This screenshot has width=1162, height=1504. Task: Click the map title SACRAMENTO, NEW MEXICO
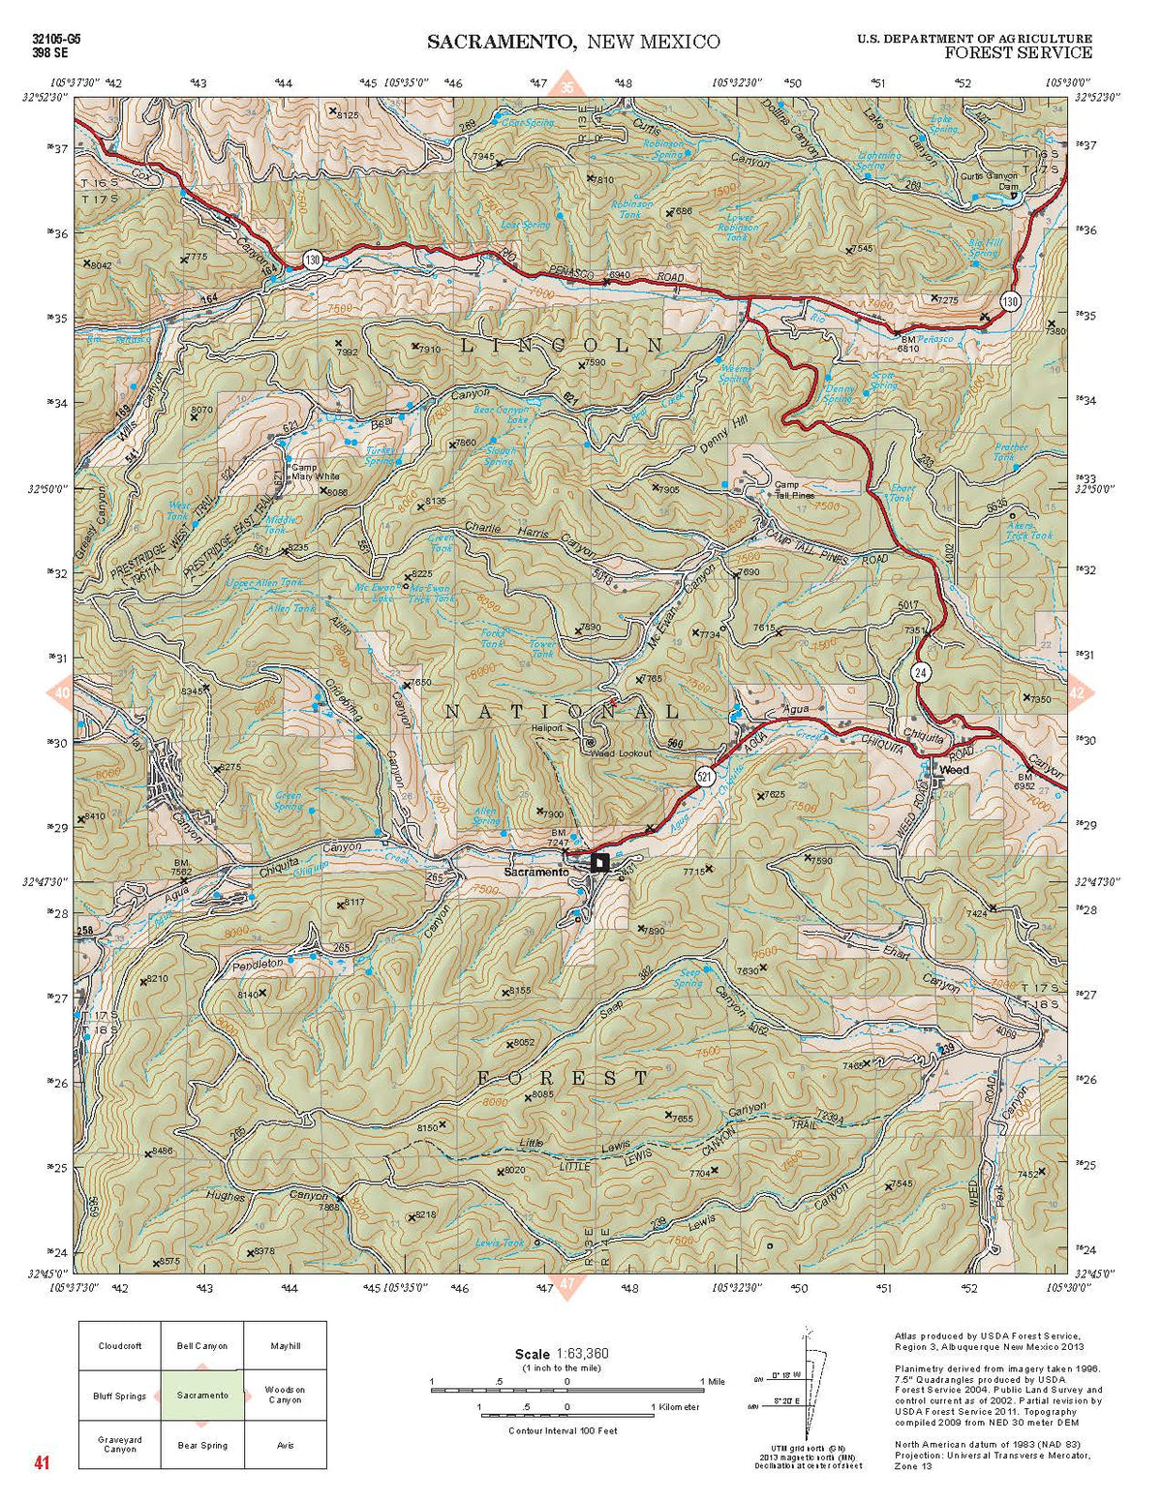click(x=573, y=42)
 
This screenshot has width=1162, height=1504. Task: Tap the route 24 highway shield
click(x=919, y=671)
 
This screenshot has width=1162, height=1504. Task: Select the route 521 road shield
click(x=704, y=776)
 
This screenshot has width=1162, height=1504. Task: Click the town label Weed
click(x=953, y=770)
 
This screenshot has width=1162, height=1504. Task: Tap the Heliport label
click(x=546, y=728)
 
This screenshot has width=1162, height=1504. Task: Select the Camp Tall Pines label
click(x=793, y=490)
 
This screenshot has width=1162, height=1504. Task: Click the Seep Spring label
click(x=689, y=978)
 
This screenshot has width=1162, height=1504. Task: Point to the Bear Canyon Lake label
click(x=502, y=414)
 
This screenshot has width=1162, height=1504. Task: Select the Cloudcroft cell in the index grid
click(x=119, y=1346)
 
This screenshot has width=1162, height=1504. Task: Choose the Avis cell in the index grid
click(x=285, y=1445)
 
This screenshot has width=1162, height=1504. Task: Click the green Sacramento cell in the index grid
click(x=201, y=1396)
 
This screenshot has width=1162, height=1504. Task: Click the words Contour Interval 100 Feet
click(x=563, y=1430)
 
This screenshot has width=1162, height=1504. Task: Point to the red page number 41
click(x=41, y=1462)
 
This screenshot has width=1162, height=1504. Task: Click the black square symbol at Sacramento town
click(x=599, y=862)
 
